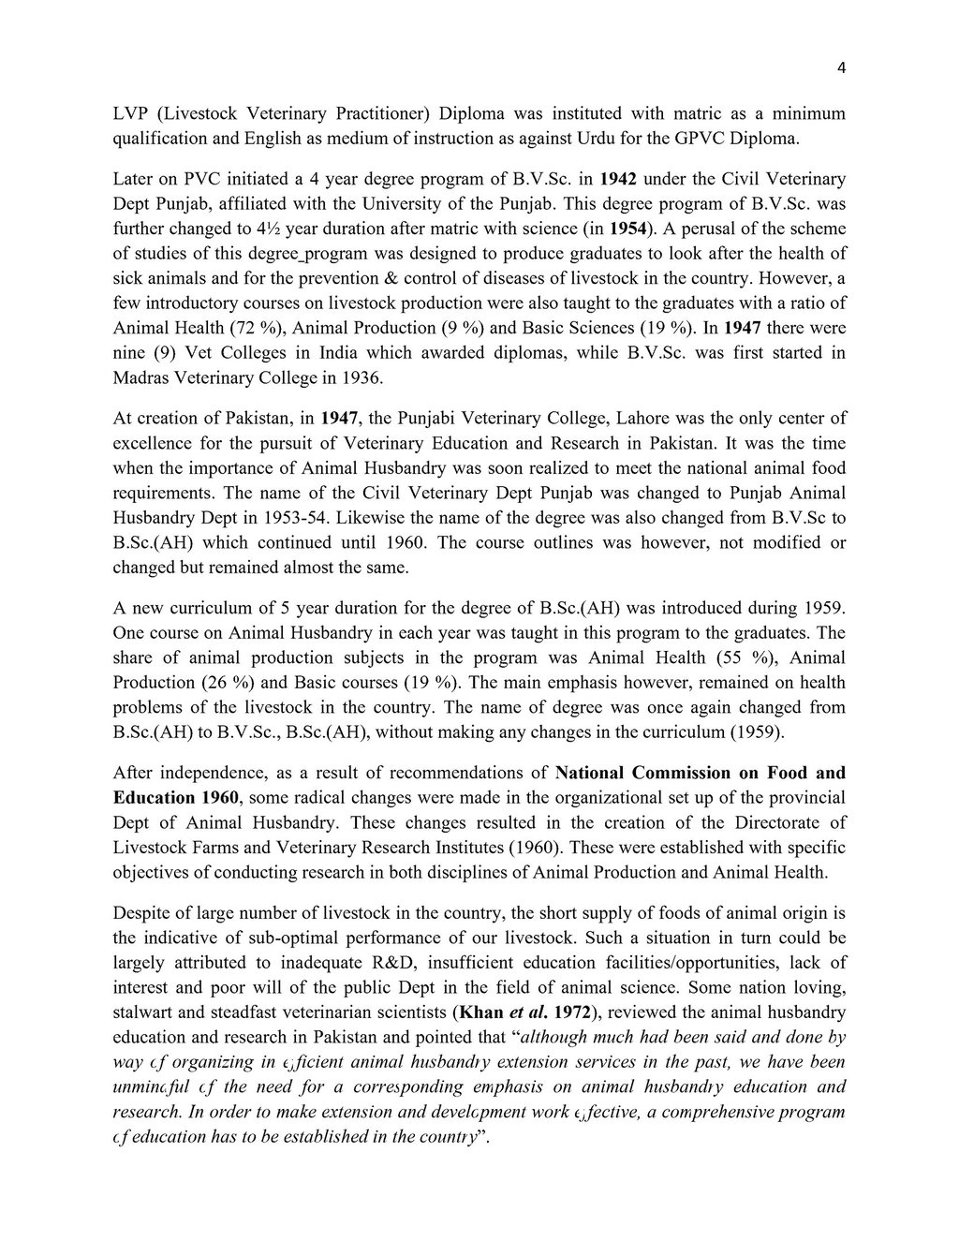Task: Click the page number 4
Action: (x=841, y=67)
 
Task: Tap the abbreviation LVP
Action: (x=130, y=114)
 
